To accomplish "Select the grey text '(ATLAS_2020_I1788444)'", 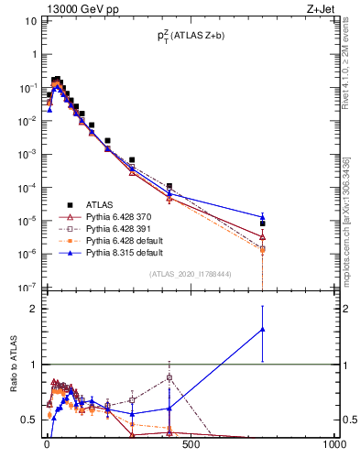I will tap(191, 274).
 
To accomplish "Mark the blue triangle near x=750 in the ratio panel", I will tap(262, 329).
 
